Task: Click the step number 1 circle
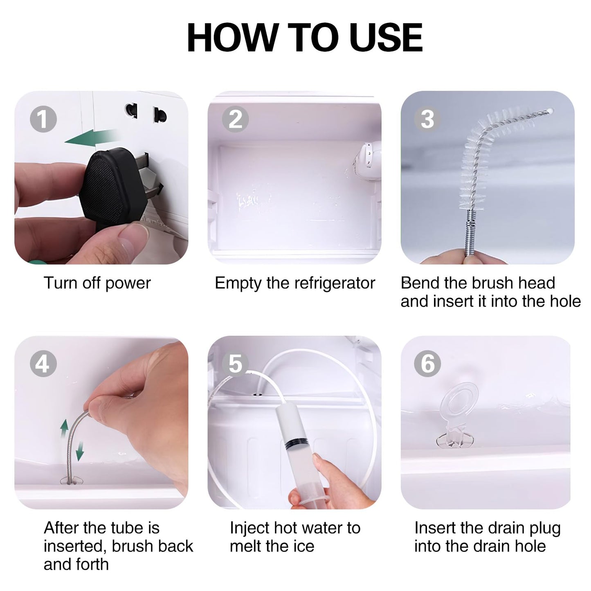coord(43,119)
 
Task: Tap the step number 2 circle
coord(236,119)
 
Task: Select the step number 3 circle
coord(427,119)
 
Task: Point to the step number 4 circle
coord(43,364)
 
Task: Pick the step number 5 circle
coord(236,364)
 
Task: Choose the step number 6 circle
coord(427,364)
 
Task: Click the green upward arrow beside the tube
coord(64,431)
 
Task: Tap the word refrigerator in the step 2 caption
coord(335,283)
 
